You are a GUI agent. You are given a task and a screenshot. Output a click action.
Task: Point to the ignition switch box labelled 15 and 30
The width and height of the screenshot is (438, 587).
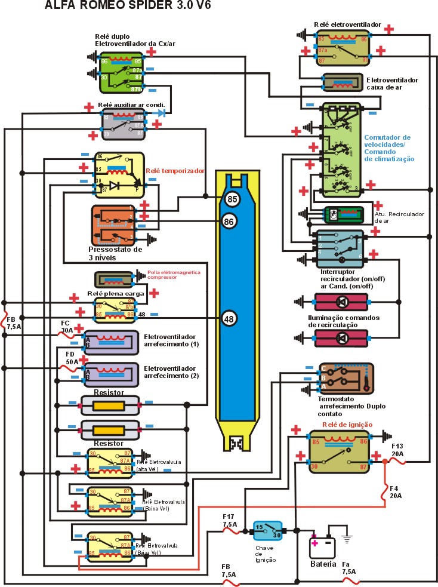[267, 530]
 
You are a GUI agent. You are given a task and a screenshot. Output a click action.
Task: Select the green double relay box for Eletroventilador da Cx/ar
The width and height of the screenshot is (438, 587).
[121, 70]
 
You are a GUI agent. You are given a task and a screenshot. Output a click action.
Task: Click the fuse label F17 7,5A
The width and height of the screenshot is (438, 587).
[230, 519]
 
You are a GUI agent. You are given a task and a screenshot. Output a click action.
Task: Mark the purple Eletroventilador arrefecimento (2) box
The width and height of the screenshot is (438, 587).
[112, 374]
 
